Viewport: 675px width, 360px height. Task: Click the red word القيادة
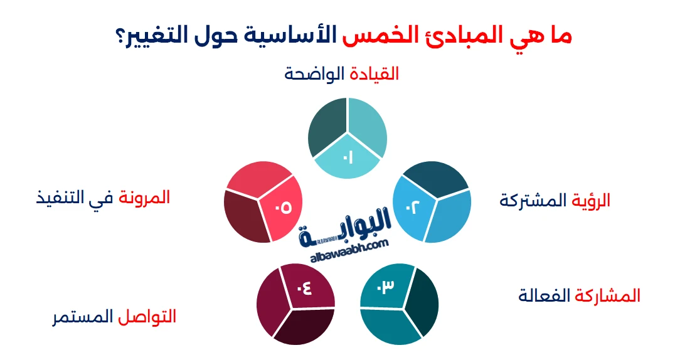coord(374,74)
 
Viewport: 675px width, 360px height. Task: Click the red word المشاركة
coord(607,295)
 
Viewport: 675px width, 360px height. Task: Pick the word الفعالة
coord(545,295)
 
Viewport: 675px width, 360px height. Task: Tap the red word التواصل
coord(147,316)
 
